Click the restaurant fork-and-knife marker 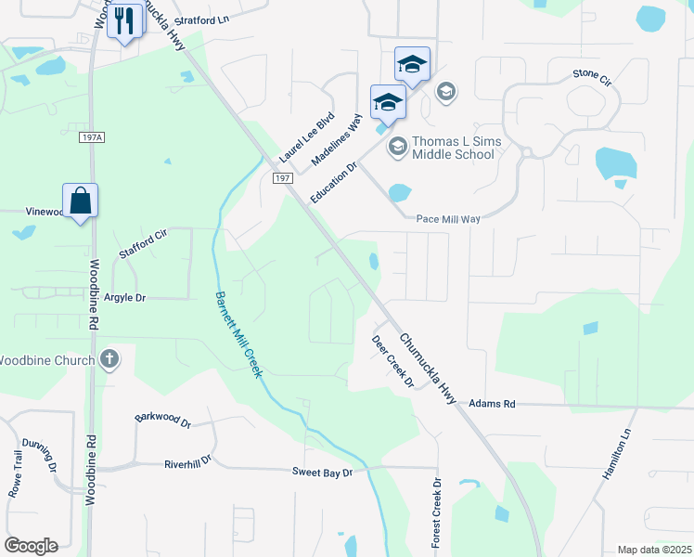[x=124, y=20]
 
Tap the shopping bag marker [x=81, y=200]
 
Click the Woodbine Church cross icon [x=109, y=359]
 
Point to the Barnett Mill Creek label [x=239, y=334]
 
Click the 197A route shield [x=93, y=137]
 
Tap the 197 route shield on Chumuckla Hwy [x=284, y=177]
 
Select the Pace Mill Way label [x=448, y=218]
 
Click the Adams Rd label [x=492, y=404]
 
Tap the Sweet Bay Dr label [x=323, y=473]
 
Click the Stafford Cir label [x=143, y=243]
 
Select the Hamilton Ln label [x=616, y=456]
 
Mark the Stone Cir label [x=593, y=74]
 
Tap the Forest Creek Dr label [x=437, y=512]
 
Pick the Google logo [x=31, y=546]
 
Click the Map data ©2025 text [x=654, y=550]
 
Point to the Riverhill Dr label [x=188, y=460]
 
